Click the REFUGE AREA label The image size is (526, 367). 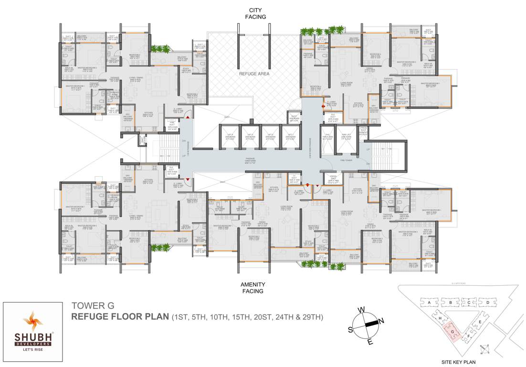(254, 74)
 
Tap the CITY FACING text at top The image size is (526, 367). (255, 13)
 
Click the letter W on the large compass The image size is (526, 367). (362, 310)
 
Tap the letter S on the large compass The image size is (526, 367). (350, 329)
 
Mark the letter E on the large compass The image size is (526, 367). (370, 341)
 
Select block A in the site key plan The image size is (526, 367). (430, 303)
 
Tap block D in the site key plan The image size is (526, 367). (487, 303)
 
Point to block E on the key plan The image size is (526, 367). (479, 322)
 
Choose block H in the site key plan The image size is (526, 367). (439, 319)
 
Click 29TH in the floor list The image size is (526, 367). (314, 317)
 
